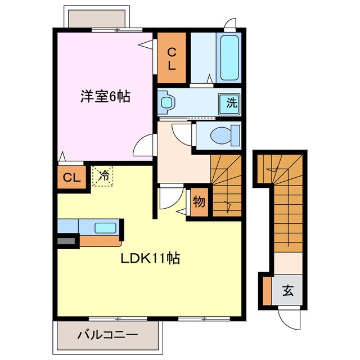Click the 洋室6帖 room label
point(104,97)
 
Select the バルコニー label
point(107,335)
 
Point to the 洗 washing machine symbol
point(232,103)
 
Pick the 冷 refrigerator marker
point(103,175)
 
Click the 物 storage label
point(199,201)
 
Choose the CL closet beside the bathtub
point(173,58)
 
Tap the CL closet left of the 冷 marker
point(71,178)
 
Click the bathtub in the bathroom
point(230,58)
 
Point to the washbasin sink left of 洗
point(167,102)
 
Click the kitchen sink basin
point(105,228)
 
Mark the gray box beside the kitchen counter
point(66,241)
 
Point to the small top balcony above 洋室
point(94,19)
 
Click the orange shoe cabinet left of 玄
point(267,290)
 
